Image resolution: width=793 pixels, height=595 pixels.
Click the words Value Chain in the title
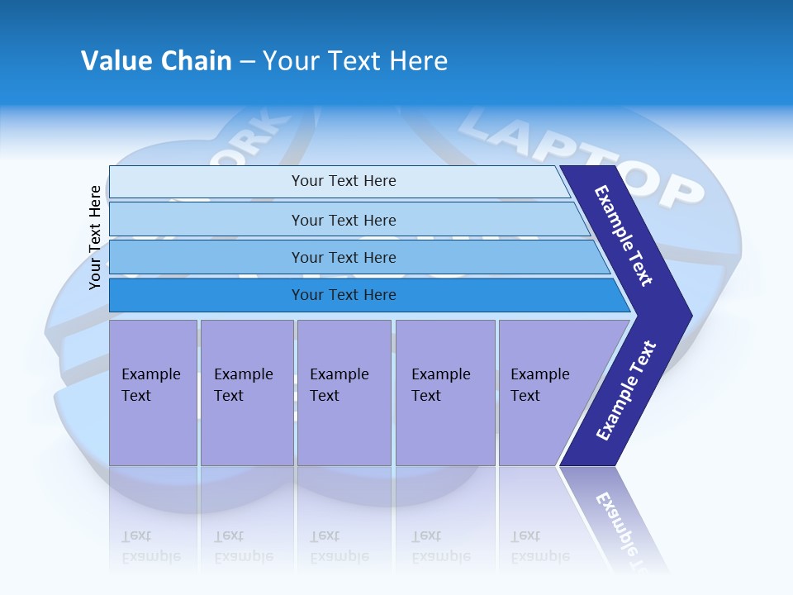(156, 61)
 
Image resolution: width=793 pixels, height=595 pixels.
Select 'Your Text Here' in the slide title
(355, 61)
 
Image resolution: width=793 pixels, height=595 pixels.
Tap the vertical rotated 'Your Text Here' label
(95, 237)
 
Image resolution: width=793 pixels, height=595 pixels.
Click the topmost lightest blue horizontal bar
(344, 181)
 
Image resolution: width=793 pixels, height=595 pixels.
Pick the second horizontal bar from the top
(344, 220)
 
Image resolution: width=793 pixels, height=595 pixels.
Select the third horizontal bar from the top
(344, 258)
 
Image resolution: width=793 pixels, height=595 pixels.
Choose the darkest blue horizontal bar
(344, 295)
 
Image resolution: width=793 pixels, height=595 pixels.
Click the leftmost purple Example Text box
(153, 393)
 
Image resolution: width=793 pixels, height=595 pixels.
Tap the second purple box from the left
(246, 393)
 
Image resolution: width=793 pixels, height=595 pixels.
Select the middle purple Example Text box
(344, 393)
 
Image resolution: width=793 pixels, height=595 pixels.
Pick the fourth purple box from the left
(444, 393)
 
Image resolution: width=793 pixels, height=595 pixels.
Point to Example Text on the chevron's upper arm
(624, 236)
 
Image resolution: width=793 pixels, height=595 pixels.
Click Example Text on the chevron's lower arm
(626, 391)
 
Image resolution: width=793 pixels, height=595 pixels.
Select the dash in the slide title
(247, 62)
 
